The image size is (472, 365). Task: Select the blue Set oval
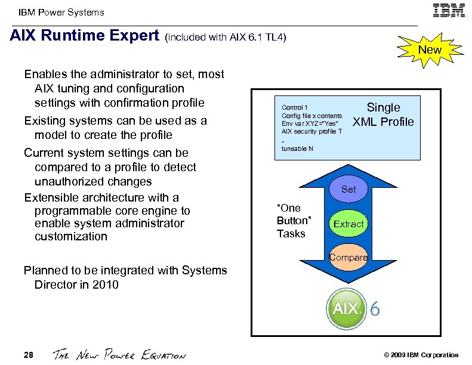(x=348, y=189)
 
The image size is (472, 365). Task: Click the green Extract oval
(x=348, y=224)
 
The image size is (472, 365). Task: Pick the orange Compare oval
(x=348, y=258)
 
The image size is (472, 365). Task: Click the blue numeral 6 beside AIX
(x=375, y=310)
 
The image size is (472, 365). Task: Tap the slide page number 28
(x=29, y=355)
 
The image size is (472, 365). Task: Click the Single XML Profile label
(x=383, y=115)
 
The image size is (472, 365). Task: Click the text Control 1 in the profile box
(x=295, y=107)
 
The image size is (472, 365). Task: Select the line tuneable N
(x=297, y=149)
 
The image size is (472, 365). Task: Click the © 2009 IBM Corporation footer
(x=422, y=355)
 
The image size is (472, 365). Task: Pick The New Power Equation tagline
(x=119, y=355)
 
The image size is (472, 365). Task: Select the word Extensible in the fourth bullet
(x=53, y=197)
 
